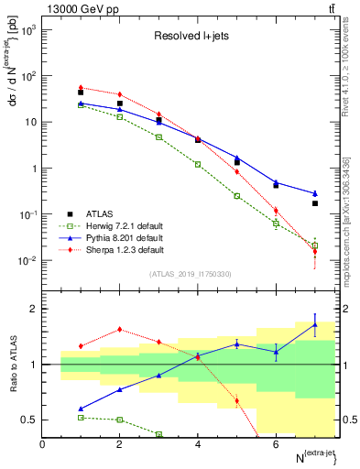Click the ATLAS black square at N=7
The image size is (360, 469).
315,203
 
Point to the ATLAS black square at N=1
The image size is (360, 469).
81,93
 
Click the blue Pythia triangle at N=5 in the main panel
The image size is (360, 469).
237,158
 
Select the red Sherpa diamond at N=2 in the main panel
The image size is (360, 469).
120,94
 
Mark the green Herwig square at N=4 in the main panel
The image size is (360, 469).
198,164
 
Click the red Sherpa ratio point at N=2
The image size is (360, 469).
120,330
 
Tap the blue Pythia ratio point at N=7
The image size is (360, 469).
315,324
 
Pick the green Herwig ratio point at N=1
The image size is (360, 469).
81,417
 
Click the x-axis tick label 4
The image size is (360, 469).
198,445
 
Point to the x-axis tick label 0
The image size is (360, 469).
42,445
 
